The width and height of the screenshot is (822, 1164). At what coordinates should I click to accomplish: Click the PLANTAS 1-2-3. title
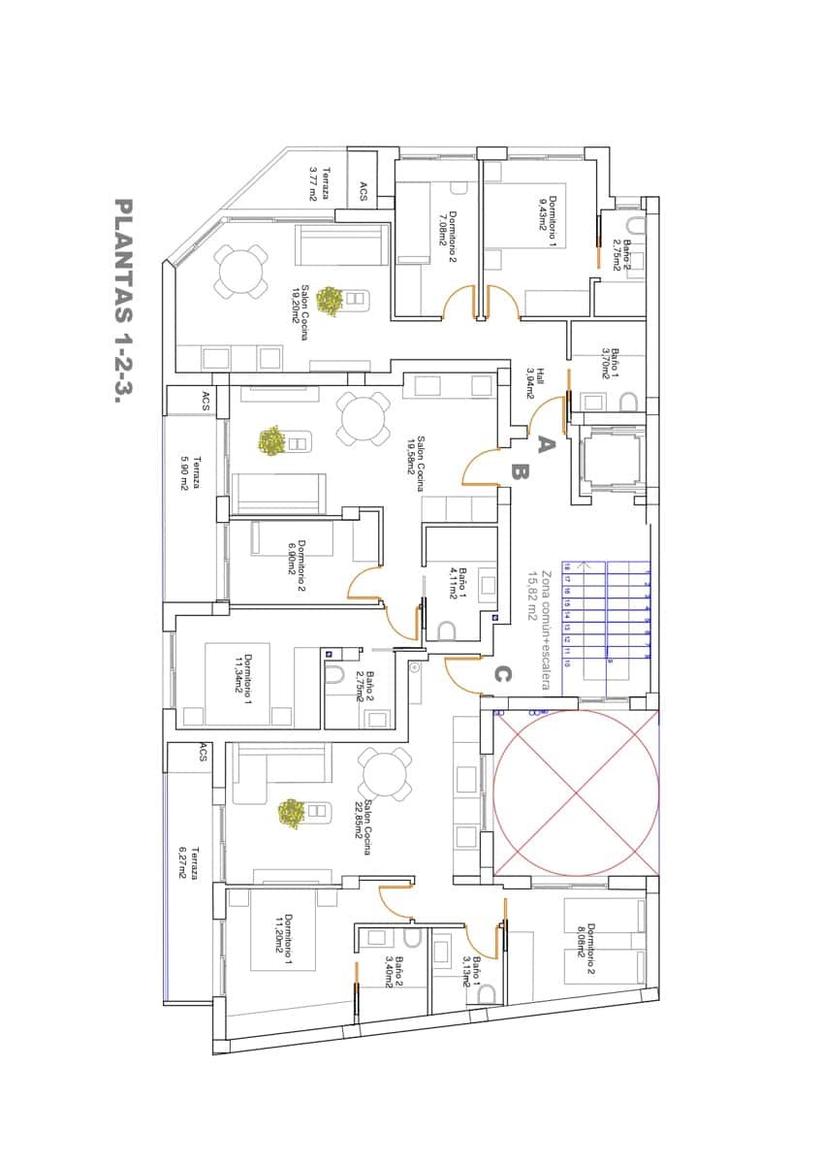click(x=123, y=300)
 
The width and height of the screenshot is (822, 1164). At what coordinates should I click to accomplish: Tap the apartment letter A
click(x=544, y=444)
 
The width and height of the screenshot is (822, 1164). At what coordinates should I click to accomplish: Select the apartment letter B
click(x=519, y=473)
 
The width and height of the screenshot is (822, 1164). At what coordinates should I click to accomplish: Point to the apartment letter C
click(x=502, y=673)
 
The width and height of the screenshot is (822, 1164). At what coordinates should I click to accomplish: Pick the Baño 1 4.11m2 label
click(x=458, y=585)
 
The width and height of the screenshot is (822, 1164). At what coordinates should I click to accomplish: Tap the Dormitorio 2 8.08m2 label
click(x=585, y=940)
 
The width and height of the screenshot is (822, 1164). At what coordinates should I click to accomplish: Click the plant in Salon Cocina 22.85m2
click(x=292, y=813)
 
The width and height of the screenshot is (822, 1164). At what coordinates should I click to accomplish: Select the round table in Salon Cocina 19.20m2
click(x=241, y=273)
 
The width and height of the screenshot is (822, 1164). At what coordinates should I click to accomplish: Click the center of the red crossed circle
click(x=576, y=794)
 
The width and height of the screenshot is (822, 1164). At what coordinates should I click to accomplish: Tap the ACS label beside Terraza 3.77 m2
click(x=364, y=191)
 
